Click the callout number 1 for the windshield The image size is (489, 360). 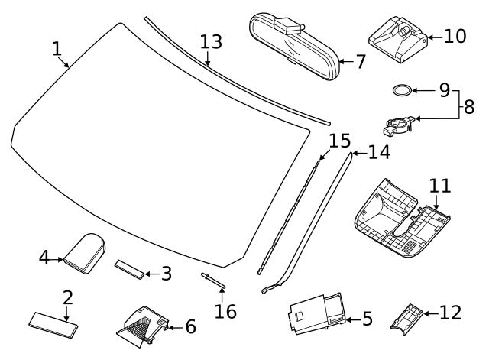coord(56,48)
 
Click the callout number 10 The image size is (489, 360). coord(455,36)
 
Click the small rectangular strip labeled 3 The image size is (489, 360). coord(131,268)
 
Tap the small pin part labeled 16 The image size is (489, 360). coord(213,281)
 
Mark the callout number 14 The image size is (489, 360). coord(378,152)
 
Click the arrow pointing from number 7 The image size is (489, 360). coord(345,61)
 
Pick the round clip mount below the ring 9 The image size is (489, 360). coord(400,123)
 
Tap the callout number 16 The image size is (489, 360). coord(225,311)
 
